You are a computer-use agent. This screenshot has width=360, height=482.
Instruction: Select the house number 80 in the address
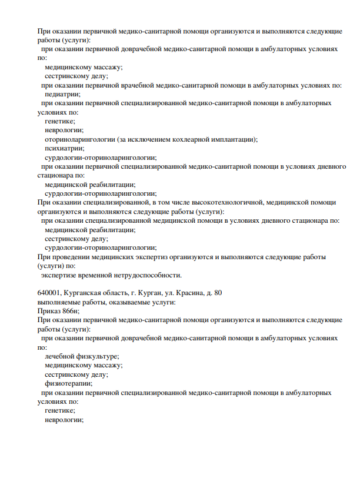[218, 292]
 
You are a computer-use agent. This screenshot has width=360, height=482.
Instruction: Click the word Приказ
[49, 311]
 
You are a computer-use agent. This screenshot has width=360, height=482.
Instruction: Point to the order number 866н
[71, 311]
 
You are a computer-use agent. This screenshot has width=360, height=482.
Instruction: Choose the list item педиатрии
[62, 94]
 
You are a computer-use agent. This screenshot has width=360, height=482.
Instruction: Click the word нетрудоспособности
[145, 275]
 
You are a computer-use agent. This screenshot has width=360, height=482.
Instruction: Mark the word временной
[92, 275]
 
